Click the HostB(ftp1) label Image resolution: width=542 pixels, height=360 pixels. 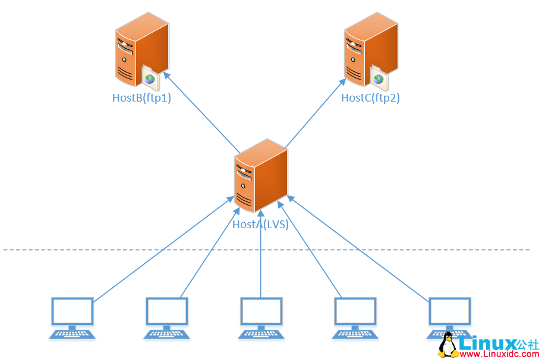click(x=141, y=98)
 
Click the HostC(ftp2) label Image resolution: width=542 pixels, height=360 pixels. click(x=370, y=98)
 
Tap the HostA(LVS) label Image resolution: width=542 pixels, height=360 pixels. click(x=260, y=225)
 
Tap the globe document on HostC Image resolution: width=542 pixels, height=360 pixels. click(x=378, y=77)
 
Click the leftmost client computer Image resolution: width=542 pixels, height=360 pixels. click(x=72, y=318)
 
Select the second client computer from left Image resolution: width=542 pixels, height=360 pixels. click(x=166, y=318)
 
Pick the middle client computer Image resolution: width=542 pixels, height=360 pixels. click(x=260, y=318)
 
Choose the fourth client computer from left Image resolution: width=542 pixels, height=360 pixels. click(x=355, y=318)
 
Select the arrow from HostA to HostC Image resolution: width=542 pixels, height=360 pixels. click(x=315, y=112)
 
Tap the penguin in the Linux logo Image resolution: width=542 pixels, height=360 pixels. click(x=449, y=345)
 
